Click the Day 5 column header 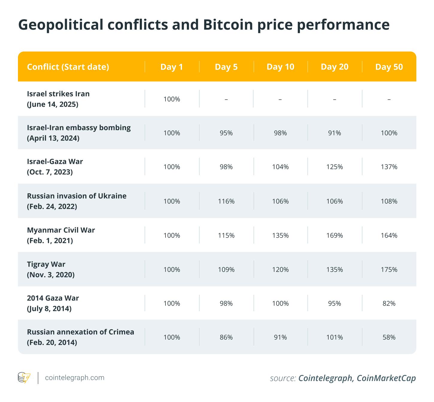tap(226, 67)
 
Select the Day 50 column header tap(389, 67)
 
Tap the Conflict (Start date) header tap(68, 67)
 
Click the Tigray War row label tap(46, 264)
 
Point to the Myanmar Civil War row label tap(61, 230)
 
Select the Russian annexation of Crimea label tap(81, 332)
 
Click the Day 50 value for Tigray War tap(389, 270)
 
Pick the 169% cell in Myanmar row tap(334, 235)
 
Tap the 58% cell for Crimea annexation tap(389, 337)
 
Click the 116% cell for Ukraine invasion tap(226, 201)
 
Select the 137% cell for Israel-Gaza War tap(389, 167)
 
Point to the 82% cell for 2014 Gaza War tap(389, 303)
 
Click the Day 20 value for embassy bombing tap(334, 133)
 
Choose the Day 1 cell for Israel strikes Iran tap(172, 99)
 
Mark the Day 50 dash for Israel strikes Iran tap(389, 99)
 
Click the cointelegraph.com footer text tap(75, 378)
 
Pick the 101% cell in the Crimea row tap(334, 337)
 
